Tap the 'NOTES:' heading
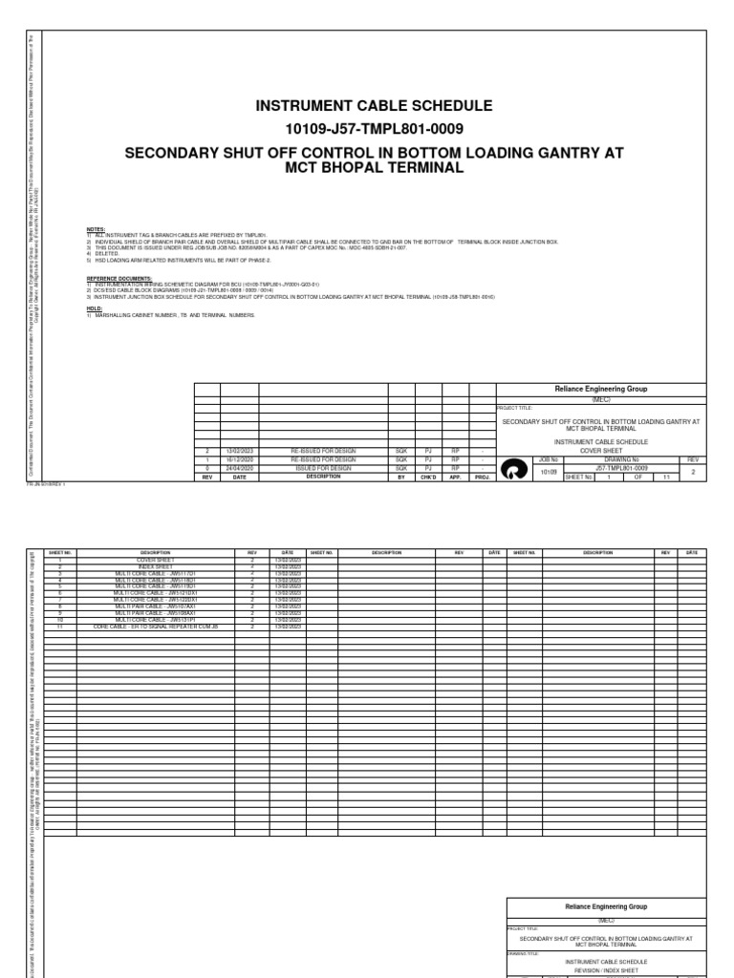(96, 230)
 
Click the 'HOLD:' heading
(94, 308)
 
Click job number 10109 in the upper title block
(549, 472)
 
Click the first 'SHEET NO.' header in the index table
(60, 552)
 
